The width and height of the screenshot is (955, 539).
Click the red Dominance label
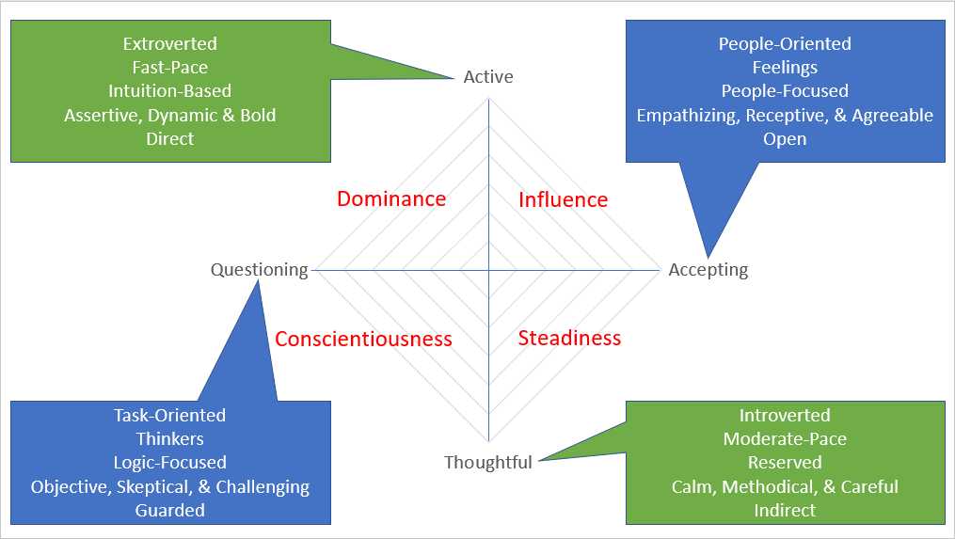(x=391, y=198)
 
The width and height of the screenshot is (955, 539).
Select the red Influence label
(x=563, y=199)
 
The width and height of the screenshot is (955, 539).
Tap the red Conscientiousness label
(x=363, y=339)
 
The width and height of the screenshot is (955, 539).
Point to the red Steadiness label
(x=569, y=338)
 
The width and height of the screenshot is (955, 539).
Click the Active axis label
(x=488, y=77)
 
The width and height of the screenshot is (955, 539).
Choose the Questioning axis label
(x=259, y=270)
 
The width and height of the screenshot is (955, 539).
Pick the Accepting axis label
(x=708, y=270)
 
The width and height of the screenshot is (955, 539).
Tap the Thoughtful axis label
(x=487, y=462)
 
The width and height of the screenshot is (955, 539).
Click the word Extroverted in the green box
(x=169, y=44)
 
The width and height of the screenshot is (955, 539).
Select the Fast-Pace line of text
(x=169, y=68)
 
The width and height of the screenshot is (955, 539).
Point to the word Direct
(x=169, y=138)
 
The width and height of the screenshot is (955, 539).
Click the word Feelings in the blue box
(x=785, y=68)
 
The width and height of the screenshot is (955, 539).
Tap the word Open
(x=785, y=138)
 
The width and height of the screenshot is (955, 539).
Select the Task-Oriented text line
(x=169, y=415)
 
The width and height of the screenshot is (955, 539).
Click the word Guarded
(x=169, y=510)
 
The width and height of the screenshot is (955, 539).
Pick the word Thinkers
(x=169, y=438)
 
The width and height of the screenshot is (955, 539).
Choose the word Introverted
(x=785, y=415)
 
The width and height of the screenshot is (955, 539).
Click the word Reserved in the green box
(x=785, y=463)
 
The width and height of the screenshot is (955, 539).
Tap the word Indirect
(x=785, y=510)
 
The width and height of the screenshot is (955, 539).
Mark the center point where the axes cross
(x=488, y=270)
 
